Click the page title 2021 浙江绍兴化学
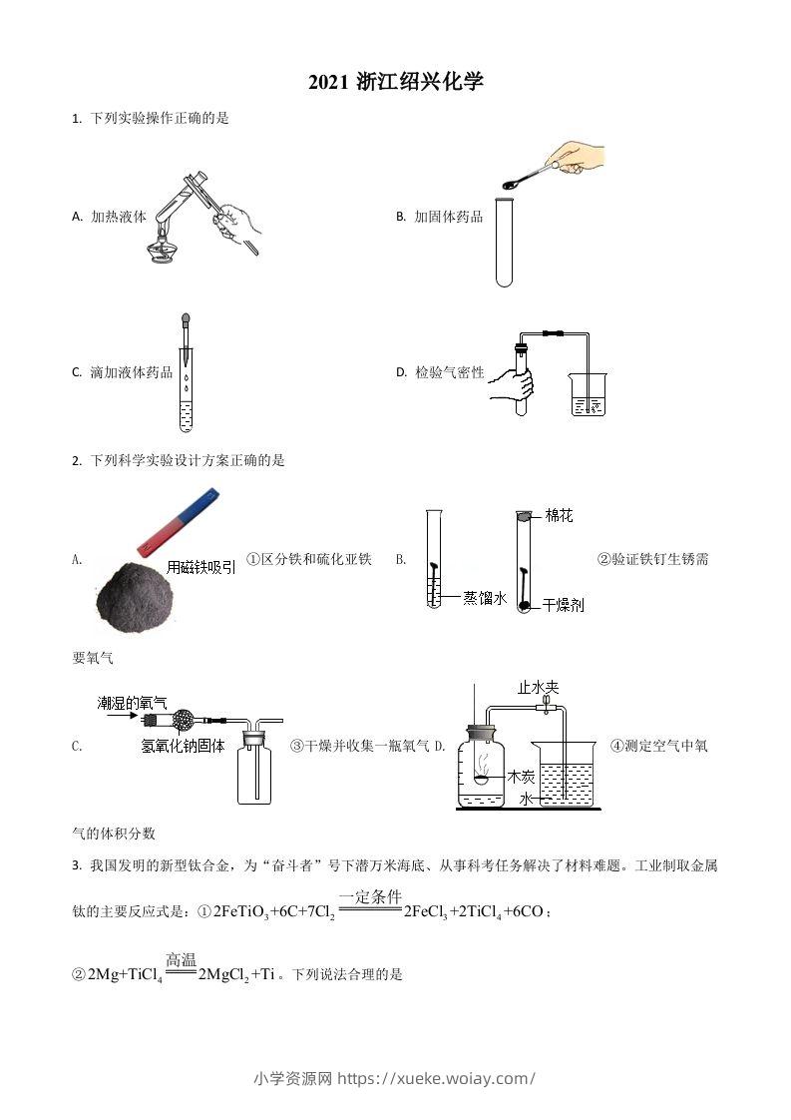[395, 83]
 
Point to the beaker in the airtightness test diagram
[587, 395]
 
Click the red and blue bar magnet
[177, 521]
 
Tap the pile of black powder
[134, 594]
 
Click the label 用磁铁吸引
[201, 566]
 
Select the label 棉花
[559, 516]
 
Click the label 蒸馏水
[485, 597]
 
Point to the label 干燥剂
[563, 605]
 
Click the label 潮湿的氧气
[132, 703]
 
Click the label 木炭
[521, 776]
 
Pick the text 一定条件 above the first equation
[369, 896]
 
